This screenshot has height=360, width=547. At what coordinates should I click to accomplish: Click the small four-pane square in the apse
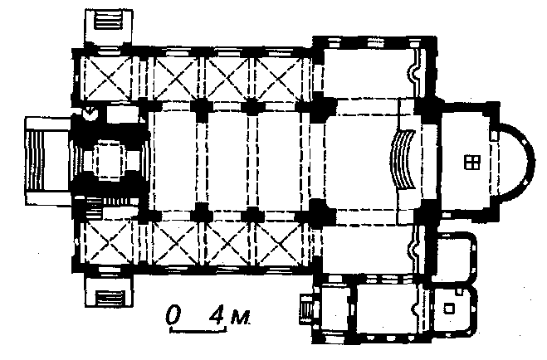pyautogui.click(x=472, y=163)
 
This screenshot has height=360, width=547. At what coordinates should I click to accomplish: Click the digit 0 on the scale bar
pyautogui.click(x=173, y=314)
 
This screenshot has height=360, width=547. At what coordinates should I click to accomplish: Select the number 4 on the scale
pyautogui.click(x=217, y=315)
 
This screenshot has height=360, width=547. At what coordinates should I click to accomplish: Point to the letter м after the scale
pyautogui.click(x=241, y=318)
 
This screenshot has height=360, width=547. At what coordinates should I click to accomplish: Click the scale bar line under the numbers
pyautogui.click(x=198, y=329)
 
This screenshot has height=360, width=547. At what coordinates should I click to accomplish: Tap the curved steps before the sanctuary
pyautogui.click(x=402, y=159)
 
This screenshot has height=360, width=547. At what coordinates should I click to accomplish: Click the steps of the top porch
pyautogui.click(x=109, y=21)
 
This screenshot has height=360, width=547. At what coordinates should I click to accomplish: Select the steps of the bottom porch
pyautogui.click(x=110, y=297)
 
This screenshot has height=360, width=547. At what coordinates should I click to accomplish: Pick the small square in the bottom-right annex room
pyautogui.click(x=449, y=308)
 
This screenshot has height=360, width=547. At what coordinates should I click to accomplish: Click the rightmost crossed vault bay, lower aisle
pyautogui.click(x=278, y=243)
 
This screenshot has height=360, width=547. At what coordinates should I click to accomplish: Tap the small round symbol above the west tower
pyautogui.click(x=91, y=114)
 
